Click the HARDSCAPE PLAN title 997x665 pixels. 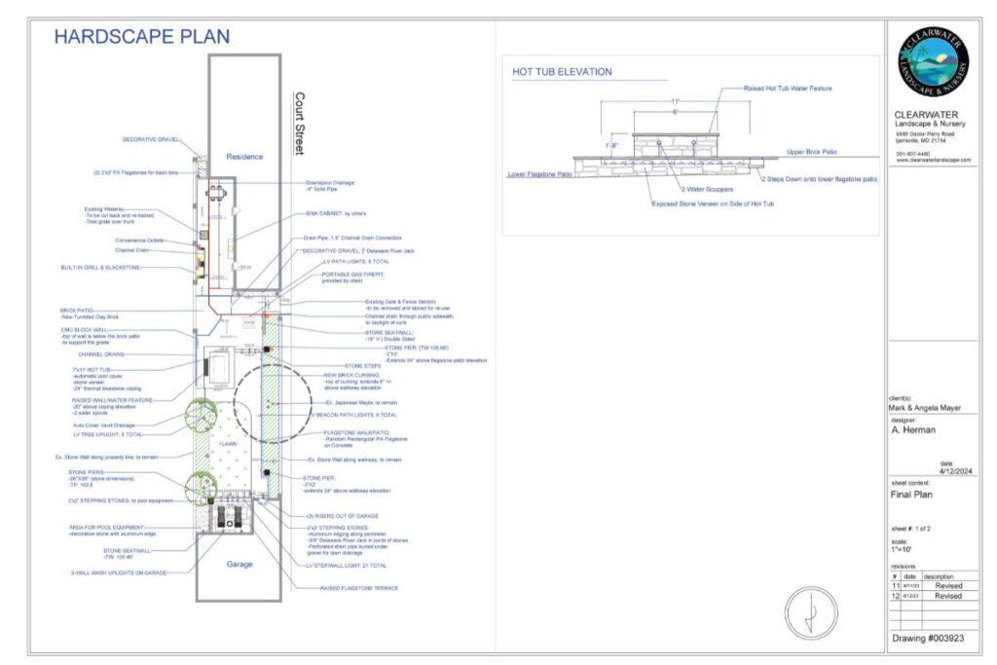point(142,37)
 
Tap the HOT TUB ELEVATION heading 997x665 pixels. point(562,72)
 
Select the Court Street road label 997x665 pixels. point(300,124)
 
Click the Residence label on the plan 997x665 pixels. point(244,157)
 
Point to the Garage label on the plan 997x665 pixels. point(240,564)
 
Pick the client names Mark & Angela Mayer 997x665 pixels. point(926,408)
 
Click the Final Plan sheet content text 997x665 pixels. point(912,494)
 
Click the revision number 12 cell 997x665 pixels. point(896,596)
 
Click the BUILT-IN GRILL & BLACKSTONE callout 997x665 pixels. point(102,266)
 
